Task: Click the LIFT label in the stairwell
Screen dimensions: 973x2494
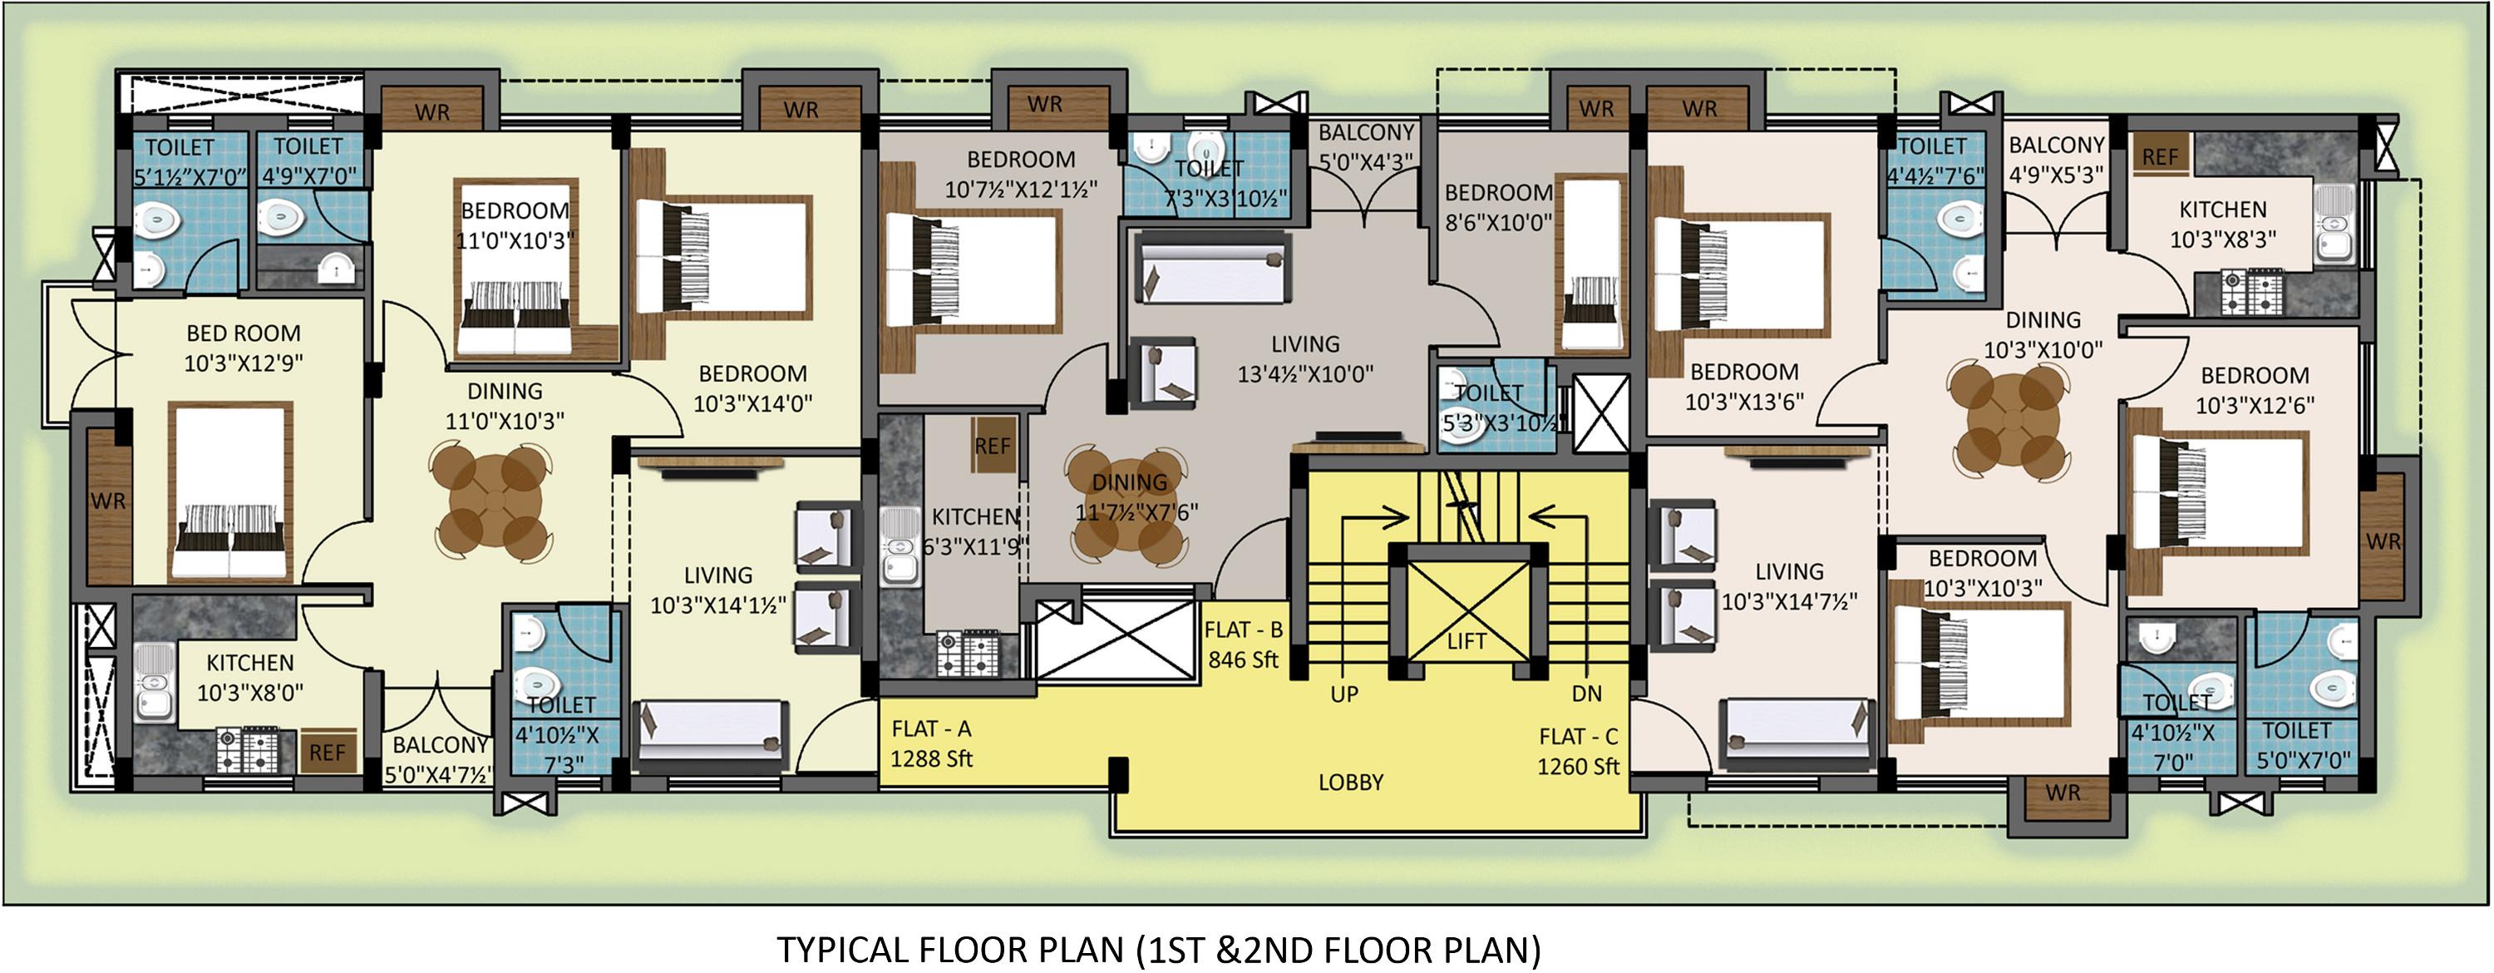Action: pos(1466,641)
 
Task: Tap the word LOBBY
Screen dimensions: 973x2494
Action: pos(1351,783)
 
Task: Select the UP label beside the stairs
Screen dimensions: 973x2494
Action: pos(1343,694)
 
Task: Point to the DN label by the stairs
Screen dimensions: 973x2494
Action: pos(1587,694)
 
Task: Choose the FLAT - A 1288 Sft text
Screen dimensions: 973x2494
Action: pos(931,743)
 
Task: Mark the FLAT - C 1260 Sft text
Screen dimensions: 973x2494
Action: pos(1578,751)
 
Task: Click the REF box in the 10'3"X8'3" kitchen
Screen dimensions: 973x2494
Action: pos(2160,156)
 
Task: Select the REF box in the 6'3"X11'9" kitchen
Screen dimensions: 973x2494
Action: pos(993,447)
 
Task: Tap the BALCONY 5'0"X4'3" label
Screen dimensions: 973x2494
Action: pos(1366,146)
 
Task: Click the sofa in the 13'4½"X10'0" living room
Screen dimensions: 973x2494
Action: pos(1213,268)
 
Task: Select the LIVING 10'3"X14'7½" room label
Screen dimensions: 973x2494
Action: pos(1788,586)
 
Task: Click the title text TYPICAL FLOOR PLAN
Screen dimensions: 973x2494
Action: pos(1158,950)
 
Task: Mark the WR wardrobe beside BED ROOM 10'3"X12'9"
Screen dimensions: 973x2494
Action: pos(108,501)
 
